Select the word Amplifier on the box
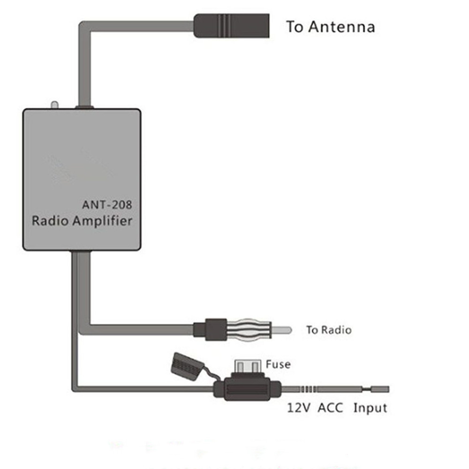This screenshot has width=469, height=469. pos(103,220)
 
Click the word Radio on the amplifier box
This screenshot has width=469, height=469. pos(50,220)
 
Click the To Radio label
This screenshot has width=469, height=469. pos(328,330)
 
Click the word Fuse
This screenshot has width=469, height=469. pos(278,364)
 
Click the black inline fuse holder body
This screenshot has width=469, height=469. pos(248,390)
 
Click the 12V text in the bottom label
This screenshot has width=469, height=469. pos(299,408)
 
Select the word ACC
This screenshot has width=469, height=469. pos(331,408)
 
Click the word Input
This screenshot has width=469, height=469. pos(371,408)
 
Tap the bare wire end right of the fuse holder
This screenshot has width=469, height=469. pos(380,389)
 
